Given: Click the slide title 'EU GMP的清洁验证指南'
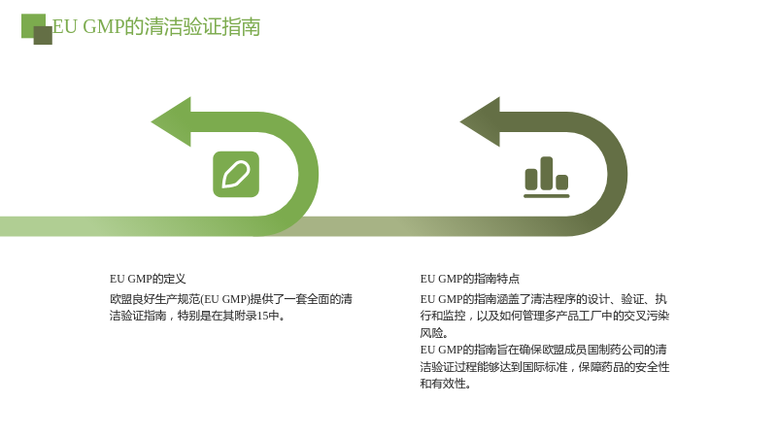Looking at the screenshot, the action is (156, 27).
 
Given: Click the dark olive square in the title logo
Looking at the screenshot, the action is (43, 35).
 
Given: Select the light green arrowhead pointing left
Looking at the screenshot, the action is (171, 122).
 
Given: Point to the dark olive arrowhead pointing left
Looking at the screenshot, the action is (480, 122).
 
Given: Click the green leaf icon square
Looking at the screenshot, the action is (236, 175).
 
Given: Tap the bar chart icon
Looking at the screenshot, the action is (547, 178).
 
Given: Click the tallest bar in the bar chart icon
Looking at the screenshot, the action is (547, 174).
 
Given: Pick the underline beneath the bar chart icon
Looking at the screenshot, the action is (547, 196).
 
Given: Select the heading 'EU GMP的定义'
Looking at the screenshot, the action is (148, 279).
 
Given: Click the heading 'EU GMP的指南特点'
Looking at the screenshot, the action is (470, 279).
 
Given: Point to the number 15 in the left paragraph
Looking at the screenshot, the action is (262, 317).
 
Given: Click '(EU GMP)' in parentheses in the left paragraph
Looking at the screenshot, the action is (225, 299).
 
